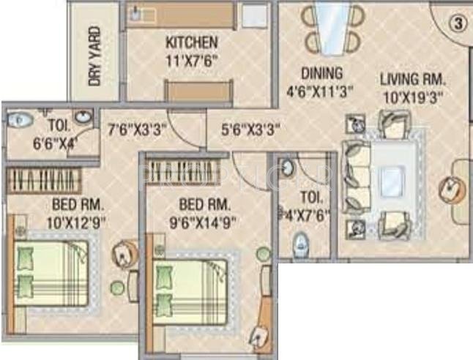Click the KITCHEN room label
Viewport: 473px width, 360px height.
191,42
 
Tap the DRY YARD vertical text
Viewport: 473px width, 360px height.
94,57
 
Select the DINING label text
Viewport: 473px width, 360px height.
321,73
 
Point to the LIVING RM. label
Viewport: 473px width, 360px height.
412,80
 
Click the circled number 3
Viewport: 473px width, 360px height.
458,23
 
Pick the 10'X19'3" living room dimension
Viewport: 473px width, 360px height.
412,95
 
